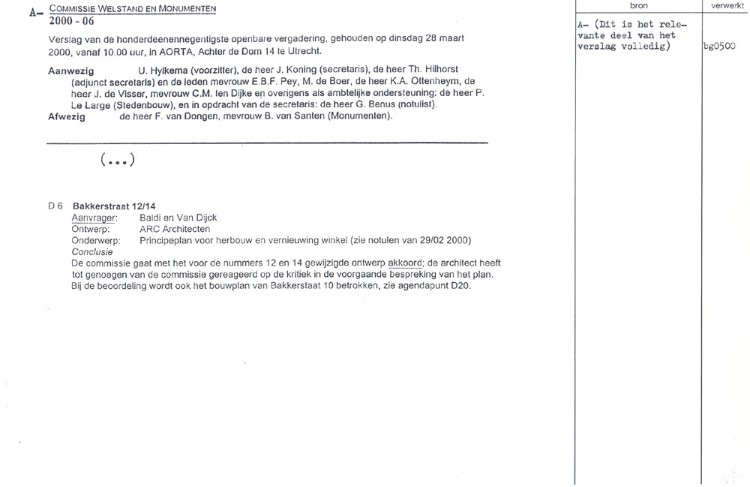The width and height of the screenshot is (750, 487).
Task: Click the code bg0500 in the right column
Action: coord(719,47)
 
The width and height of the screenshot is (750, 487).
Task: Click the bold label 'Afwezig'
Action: coord(67,116)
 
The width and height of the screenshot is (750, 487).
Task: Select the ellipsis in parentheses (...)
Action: coord(116,160)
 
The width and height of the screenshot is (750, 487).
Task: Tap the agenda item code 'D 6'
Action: coord(55,206)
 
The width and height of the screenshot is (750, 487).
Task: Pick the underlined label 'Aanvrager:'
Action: coord(94,218)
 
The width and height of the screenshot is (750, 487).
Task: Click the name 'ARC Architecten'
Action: coord(175,229)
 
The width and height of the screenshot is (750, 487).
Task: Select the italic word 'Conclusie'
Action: coord(91,252)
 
